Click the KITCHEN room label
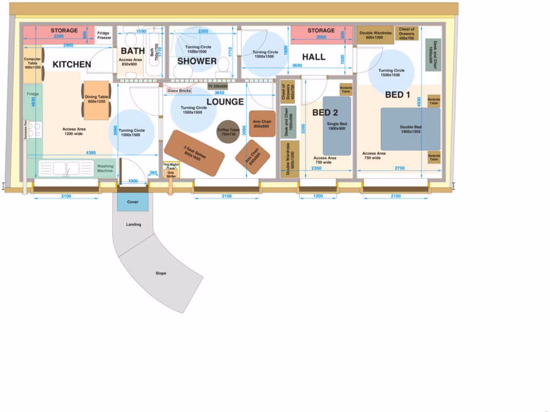click(71, 64)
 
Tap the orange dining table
click(96, 100)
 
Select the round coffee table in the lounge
click(228, 131)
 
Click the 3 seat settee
click(194, 153)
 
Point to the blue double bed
click(410, 129)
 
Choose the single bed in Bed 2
click(337, 126)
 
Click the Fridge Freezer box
click(104, 35)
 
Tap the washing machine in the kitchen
click(105, 168)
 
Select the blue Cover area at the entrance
click(133, 202)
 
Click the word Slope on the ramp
click(161, 274)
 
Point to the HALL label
click(313, 57)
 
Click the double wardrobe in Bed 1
click(375, 35)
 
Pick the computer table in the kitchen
click(32, 64)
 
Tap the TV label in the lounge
click(218, 86)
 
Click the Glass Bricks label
click(179, 91)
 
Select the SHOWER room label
click(197, 61)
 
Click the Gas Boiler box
click(171, 174)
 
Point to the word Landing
click(133, 224)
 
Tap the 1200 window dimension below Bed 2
click(318, 197)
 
